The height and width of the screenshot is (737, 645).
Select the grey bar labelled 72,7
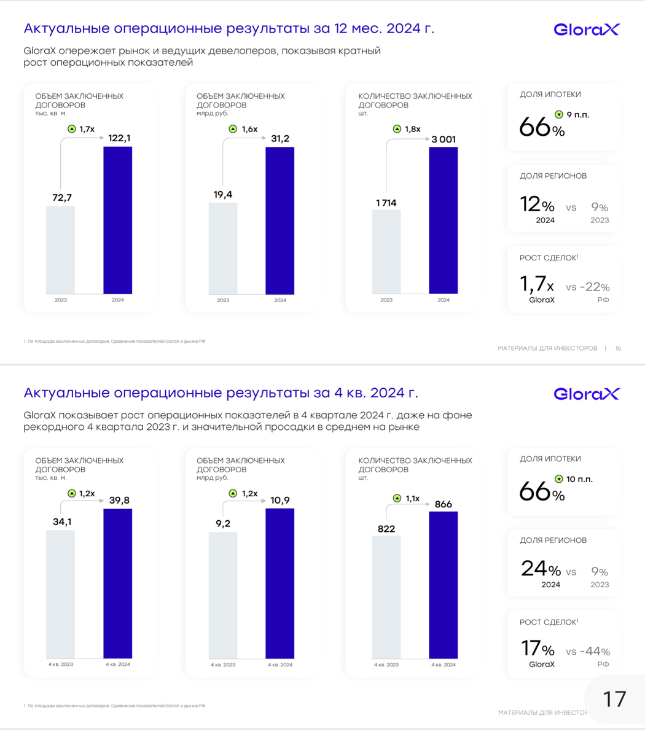tap(61, 250)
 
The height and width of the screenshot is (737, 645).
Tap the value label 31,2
tap(280, 139)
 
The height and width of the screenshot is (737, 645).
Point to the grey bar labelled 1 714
tap(386, 252)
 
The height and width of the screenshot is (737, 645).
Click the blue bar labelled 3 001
tap(443, 220)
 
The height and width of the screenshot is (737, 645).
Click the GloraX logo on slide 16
tap(587, 29)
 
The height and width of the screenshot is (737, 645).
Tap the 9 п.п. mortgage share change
tap(578, 114)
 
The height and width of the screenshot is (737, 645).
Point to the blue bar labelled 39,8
tap(117, 583)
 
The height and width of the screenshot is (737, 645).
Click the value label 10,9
tap(280, 501)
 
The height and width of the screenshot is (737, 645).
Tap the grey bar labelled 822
tap(386, 596)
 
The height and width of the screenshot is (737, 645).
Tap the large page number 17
tap(615, 699)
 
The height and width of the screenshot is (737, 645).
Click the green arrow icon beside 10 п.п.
tap(559, 479)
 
